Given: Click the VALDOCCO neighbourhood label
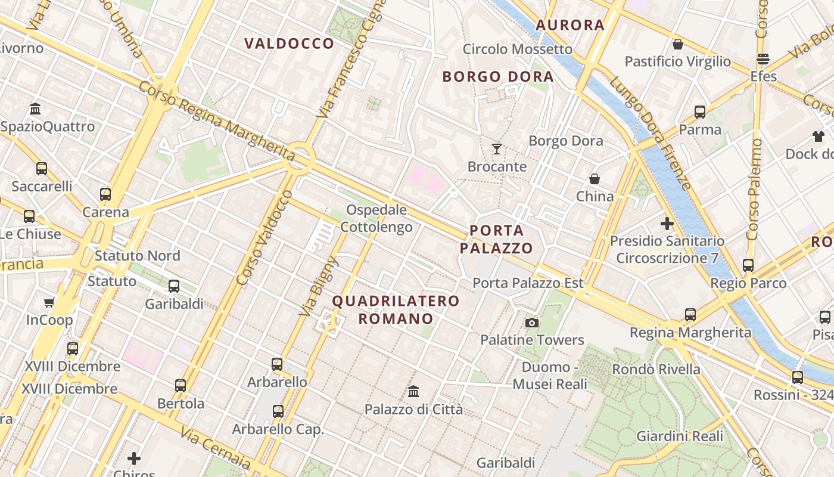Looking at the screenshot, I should click(x=289, y=44).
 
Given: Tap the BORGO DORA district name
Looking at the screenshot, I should click(x=498, y=77).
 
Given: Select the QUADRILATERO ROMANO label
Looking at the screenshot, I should click(x=396, y=309).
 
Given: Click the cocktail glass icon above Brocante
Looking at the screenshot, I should click(x=497, y=148).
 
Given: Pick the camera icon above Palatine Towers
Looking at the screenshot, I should click(x=532, y=323).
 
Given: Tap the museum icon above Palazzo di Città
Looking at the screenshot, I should click(x=413, y=392).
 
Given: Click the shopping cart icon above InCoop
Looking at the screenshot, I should click(x=49, y=302).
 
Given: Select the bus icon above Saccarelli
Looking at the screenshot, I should click(x=42, y=168).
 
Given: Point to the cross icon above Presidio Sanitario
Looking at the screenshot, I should click(x=667, y=224).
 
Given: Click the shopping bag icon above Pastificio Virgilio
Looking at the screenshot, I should click(x=677, y=44).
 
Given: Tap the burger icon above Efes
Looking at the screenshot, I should click(x=763, y=59).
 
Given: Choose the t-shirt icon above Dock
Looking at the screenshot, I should click(x=819, y=137).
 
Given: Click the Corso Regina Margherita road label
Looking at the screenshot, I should click(x=217, y=122).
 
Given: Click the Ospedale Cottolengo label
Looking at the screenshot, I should click(x=376, y=218).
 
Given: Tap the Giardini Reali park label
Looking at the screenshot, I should click(x=680, y=436).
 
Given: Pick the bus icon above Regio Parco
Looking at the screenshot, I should click(x=748, y=265).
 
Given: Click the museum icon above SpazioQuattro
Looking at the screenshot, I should click(x=35, y=109).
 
